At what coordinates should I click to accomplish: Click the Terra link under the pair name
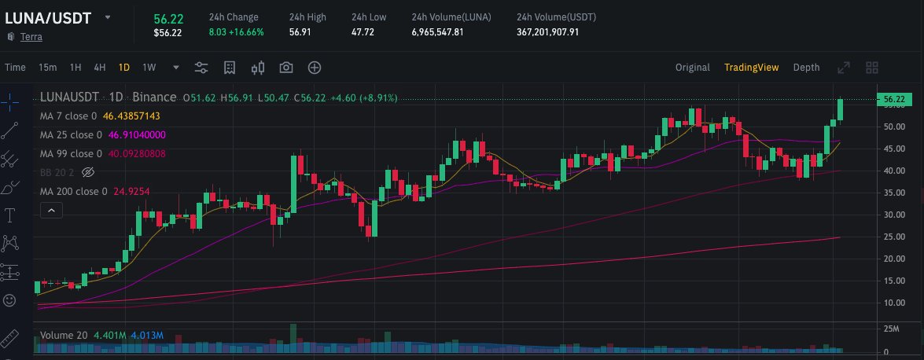[x=31, y=36]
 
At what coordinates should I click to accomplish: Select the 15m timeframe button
[x=47, y=68]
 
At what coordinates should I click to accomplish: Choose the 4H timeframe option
[x=100, y=68]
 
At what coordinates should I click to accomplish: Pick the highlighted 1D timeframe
[x=124, y=68]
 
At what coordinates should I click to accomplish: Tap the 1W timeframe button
[x=149, y=68]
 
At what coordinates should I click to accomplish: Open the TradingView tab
[x=751, y=68]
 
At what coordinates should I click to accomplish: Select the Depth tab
[x=806, y=68]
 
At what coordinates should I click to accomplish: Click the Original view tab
[x=692, y=68]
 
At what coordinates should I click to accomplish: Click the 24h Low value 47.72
[x=363, y=32]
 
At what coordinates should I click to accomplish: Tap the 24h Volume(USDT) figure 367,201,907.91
[x=548, y=32]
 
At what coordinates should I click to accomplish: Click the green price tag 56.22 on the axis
[x=895, y=99]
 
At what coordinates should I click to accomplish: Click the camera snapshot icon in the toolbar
[x=286, y=68]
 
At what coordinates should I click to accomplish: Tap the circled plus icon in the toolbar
[x=315, y=68]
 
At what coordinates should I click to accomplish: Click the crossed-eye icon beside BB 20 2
[x=87, y=172]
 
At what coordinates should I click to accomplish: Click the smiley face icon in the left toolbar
[x=9, y=300]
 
